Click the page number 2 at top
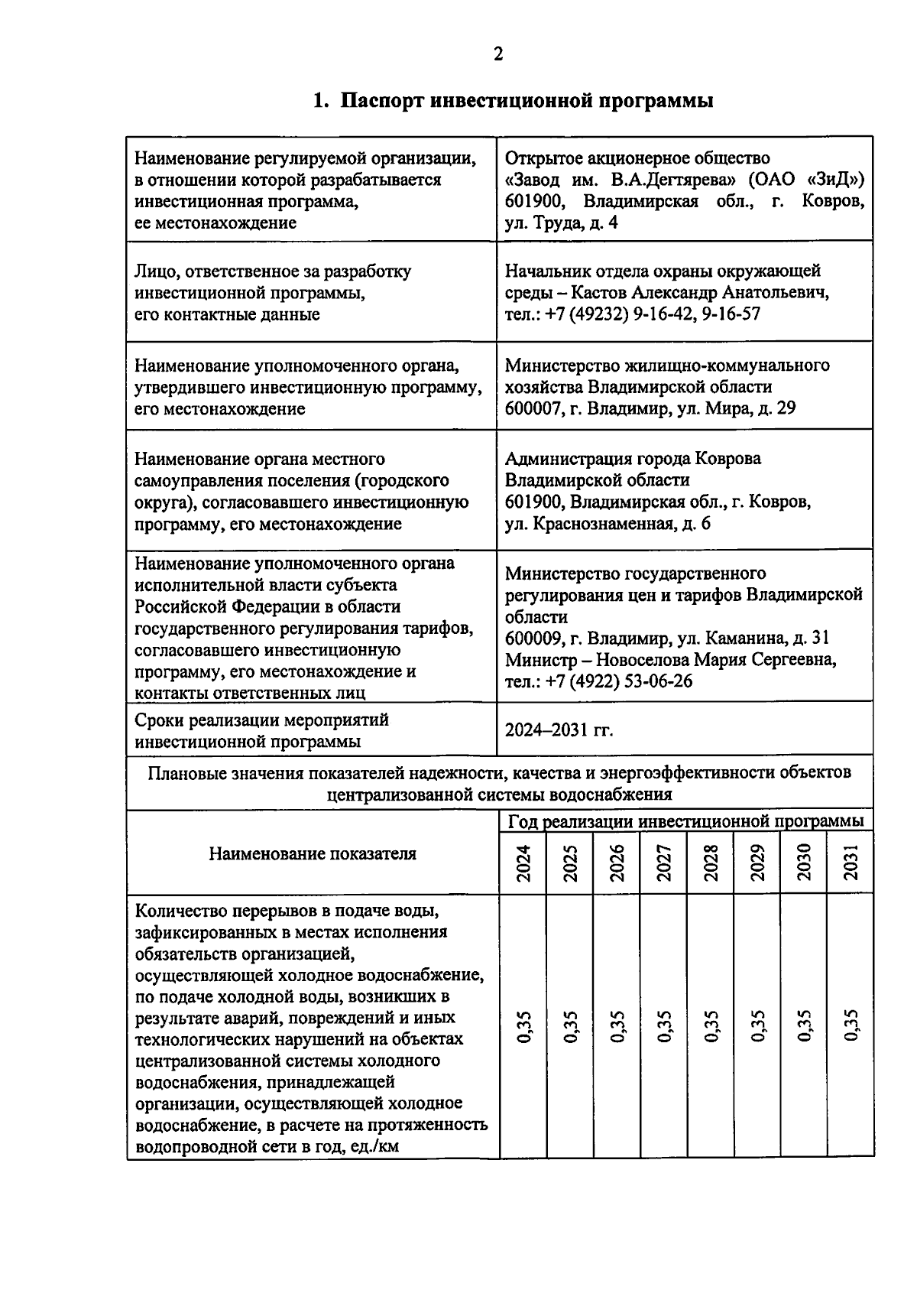click(x=498, y=54)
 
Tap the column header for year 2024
click(x=523, y=863)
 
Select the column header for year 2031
click(x=851, y=863)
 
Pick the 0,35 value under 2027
click(x=663, y=1026)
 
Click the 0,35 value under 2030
click(x=804, y=1026)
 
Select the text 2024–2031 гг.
click(x=559, y=729)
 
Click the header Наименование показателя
click(x=313, y=853)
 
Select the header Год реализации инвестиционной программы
click(x=685, y=821)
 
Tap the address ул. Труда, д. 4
click(x=561, y=223)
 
